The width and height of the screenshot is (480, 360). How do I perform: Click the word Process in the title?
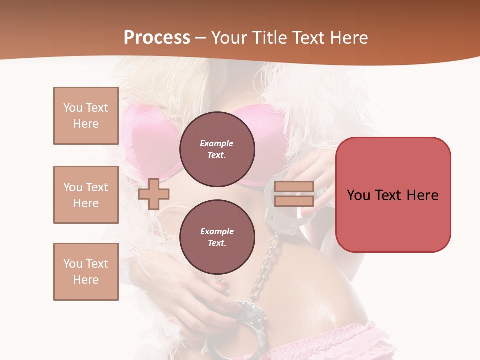click(x=157, y=38)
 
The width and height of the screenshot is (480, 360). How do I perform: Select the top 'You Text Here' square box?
click(x=86, y=116)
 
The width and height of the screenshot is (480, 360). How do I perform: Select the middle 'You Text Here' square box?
click(x=86, y=195)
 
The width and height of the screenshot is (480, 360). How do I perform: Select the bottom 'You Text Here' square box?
click(x=86, y=272)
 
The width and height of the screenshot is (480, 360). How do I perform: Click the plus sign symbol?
click(x=154, y=194)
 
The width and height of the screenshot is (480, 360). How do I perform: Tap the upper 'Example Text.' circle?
click(x=217, y=149)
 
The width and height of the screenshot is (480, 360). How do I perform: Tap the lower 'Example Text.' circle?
click(x=217, y=237)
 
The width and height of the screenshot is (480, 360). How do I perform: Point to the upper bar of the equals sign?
click(x=294, y=187)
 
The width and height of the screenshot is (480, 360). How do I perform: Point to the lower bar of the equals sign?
click(x=294, y=201)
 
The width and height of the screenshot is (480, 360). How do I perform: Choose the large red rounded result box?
click(x=393, y=195)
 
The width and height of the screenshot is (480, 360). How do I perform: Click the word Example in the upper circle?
click(x=217, y=143)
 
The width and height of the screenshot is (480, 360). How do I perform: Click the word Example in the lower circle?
click(x=217, y=231)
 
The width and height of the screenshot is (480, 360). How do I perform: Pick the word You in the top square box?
click(x=72, y=108)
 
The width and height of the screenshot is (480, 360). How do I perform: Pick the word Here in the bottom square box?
click(x=86, y=280)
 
